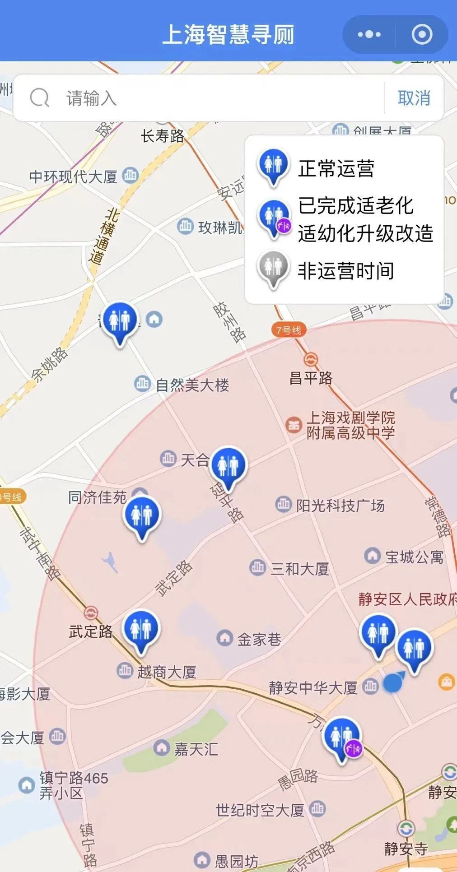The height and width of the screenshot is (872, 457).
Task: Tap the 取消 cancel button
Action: [x=414, y=98]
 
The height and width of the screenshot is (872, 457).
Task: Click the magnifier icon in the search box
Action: [x=39, y=97]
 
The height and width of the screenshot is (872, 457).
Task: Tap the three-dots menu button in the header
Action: [x=369, y=34]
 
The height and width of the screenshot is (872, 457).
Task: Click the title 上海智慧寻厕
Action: [x=228, y=34]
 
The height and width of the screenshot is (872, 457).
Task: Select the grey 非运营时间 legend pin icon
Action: [x=273, y=269]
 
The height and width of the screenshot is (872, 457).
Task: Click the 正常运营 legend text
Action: [x=336, y=168]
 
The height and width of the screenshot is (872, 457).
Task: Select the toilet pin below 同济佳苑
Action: [x=142, y=516]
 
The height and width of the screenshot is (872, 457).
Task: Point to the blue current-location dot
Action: [x=392, y=683]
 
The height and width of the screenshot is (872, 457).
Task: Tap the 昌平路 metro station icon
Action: [x=310, y=359]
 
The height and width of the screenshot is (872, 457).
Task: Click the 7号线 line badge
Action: [x=289, y=330]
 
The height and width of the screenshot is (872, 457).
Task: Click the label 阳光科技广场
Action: [x=340, y=506]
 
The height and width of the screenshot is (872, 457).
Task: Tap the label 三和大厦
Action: [x=299, y=569]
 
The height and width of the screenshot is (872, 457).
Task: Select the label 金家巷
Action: [x=259, y=639]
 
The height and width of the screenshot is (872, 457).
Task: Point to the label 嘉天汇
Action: [x=196, y=750]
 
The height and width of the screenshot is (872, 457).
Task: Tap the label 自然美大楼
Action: [x=192, y=385]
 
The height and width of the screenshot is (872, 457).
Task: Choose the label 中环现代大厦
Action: [x=73, y=176]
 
